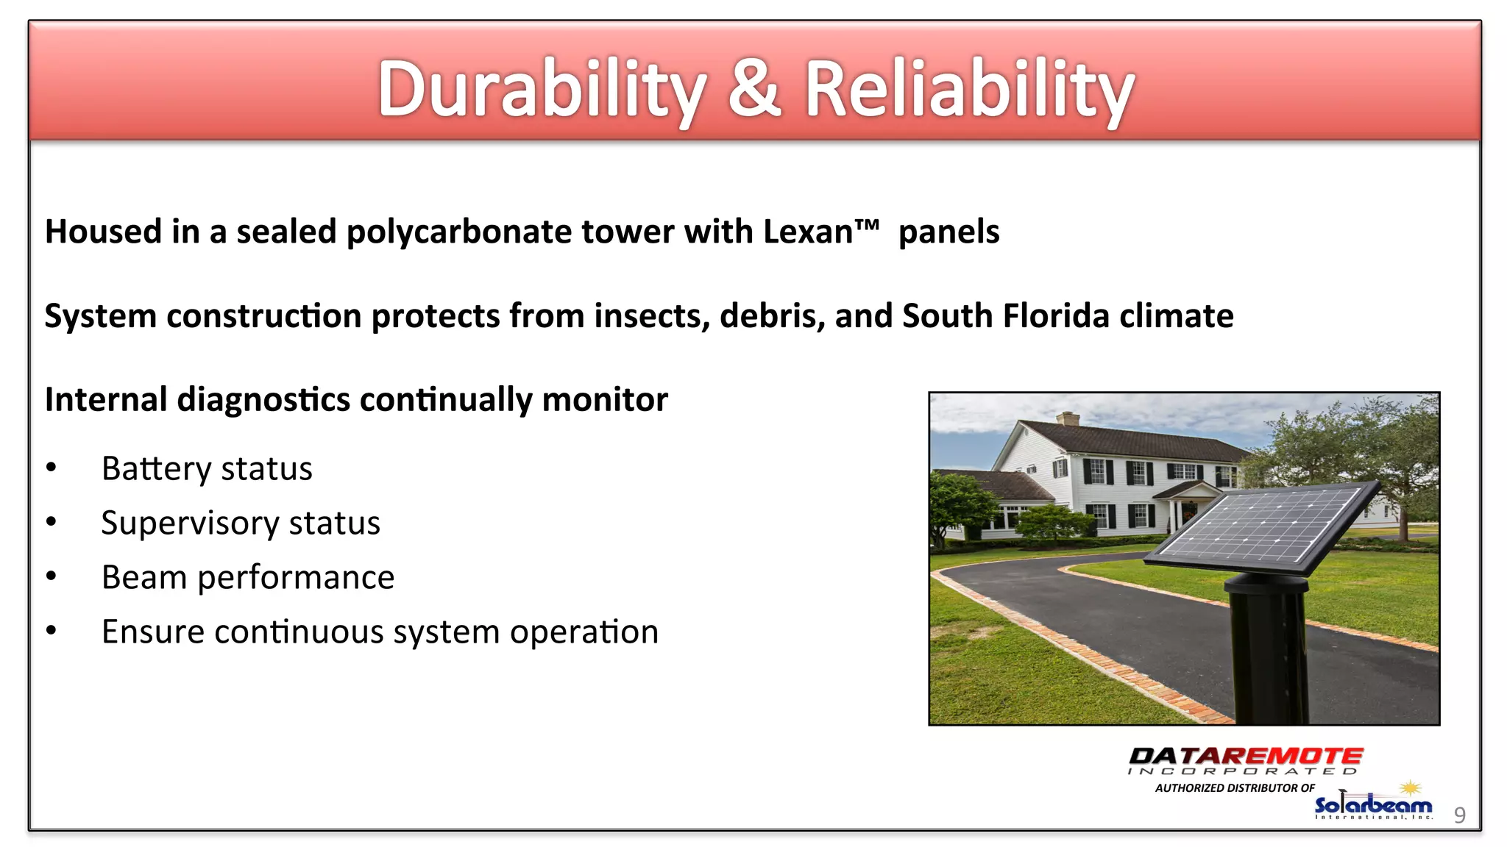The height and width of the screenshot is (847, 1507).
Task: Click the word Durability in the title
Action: coord(541,90)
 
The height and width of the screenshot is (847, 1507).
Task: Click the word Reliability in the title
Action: coord(968,90)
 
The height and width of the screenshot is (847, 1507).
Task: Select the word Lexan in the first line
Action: coord(807,232)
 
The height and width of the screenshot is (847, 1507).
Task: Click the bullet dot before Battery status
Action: coord(51,468)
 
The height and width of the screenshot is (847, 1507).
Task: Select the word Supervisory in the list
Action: coord(190,523)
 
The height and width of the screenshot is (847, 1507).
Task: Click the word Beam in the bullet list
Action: coord(143,577)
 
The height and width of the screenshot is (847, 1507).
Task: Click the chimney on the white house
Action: coord(1067,418)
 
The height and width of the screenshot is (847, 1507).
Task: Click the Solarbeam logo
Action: coord(1373,805)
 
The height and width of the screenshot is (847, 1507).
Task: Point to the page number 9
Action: coord(1459,815)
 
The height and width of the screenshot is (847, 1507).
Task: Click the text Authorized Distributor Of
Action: coord(1234,787)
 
